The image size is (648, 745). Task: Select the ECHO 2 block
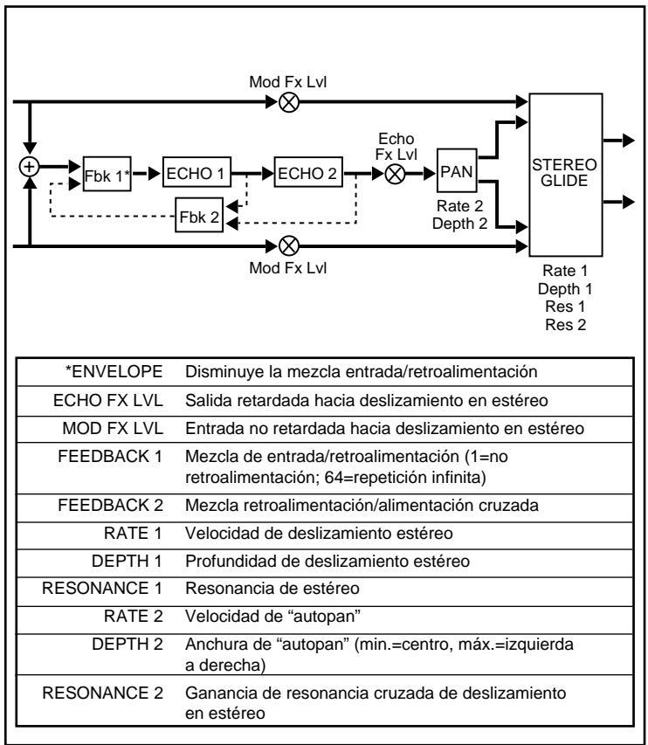pyautogui.click(x=307, y=172)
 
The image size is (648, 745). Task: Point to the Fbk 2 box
pyautogui.click(x=198, y=216)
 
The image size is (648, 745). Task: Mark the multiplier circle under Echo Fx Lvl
pyautogui.click(x=395, y=173)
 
